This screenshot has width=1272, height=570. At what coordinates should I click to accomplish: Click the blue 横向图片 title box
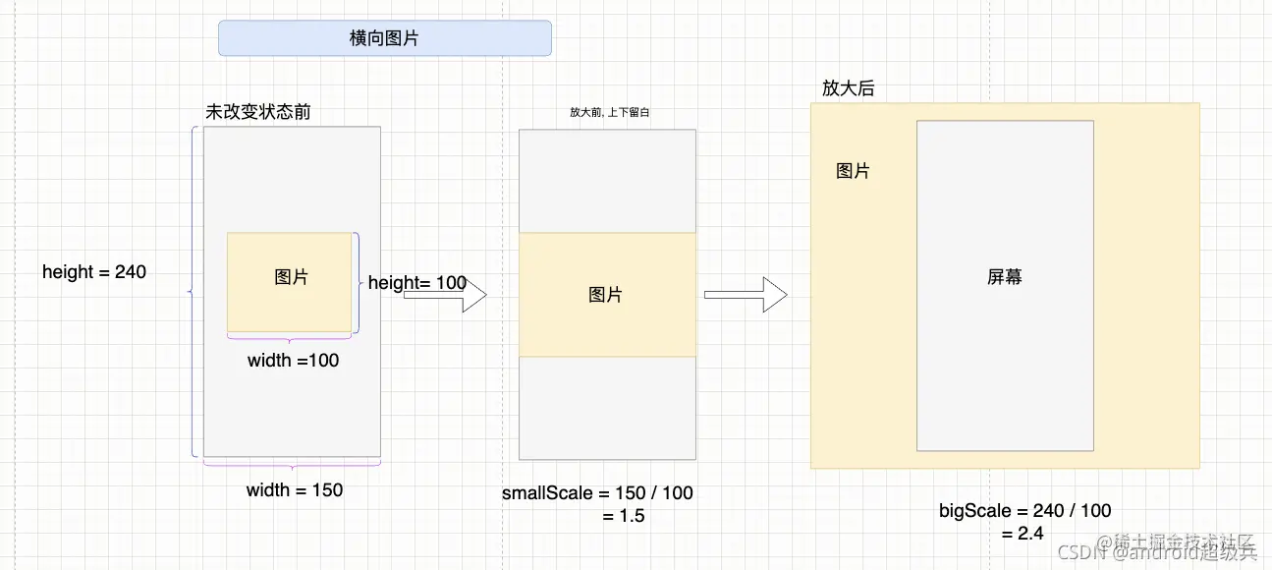(x=384, y=38)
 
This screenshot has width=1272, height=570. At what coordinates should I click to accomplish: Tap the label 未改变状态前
(x=257, y=112)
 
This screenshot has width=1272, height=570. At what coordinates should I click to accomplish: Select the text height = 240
(x=94, y=272)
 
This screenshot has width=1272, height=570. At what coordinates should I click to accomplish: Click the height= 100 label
(x=416, y=283)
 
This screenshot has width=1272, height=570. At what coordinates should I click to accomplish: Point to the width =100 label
(x=293, y=361)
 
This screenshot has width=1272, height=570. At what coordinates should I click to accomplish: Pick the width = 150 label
(x=295, y=489)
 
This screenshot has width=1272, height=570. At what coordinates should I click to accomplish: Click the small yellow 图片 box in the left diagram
(x=290, y=279)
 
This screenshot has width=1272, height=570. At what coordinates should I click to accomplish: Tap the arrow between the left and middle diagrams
(x=445, y=295)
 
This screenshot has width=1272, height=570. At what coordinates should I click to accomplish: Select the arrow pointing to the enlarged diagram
(x=746, y=294)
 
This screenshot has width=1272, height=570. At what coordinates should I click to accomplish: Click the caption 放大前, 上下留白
(x=609, y=112)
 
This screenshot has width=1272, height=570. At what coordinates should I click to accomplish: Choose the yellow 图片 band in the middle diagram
(x=606, y=295)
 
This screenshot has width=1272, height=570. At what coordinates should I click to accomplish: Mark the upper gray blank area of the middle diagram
(x=607, y=181)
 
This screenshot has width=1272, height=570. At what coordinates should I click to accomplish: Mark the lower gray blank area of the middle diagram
(x=607, y=407)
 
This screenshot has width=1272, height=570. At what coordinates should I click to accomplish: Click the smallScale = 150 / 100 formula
(x=597, y=492)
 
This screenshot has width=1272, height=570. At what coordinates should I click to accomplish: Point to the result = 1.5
(x=624, y=516)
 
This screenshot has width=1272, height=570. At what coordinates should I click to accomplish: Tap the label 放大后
(x=848, y=88)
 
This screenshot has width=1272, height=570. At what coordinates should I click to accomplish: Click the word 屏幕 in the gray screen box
(x=1005, y=277)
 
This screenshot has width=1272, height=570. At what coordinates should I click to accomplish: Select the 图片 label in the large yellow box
(x=853, y=171)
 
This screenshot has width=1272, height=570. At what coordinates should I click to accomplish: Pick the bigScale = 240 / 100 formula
(x=1025, y=511)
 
